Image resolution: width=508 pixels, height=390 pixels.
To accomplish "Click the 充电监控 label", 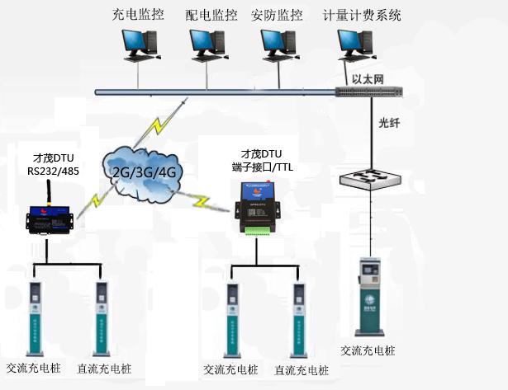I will [137, 15].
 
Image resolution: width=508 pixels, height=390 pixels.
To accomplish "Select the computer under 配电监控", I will [205, 45].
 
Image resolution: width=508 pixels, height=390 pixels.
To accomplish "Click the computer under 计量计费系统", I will [354, 45].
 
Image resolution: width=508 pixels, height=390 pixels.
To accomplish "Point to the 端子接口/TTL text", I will [263, 167].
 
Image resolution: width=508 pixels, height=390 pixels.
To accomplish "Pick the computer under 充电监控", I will [136, 45].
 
